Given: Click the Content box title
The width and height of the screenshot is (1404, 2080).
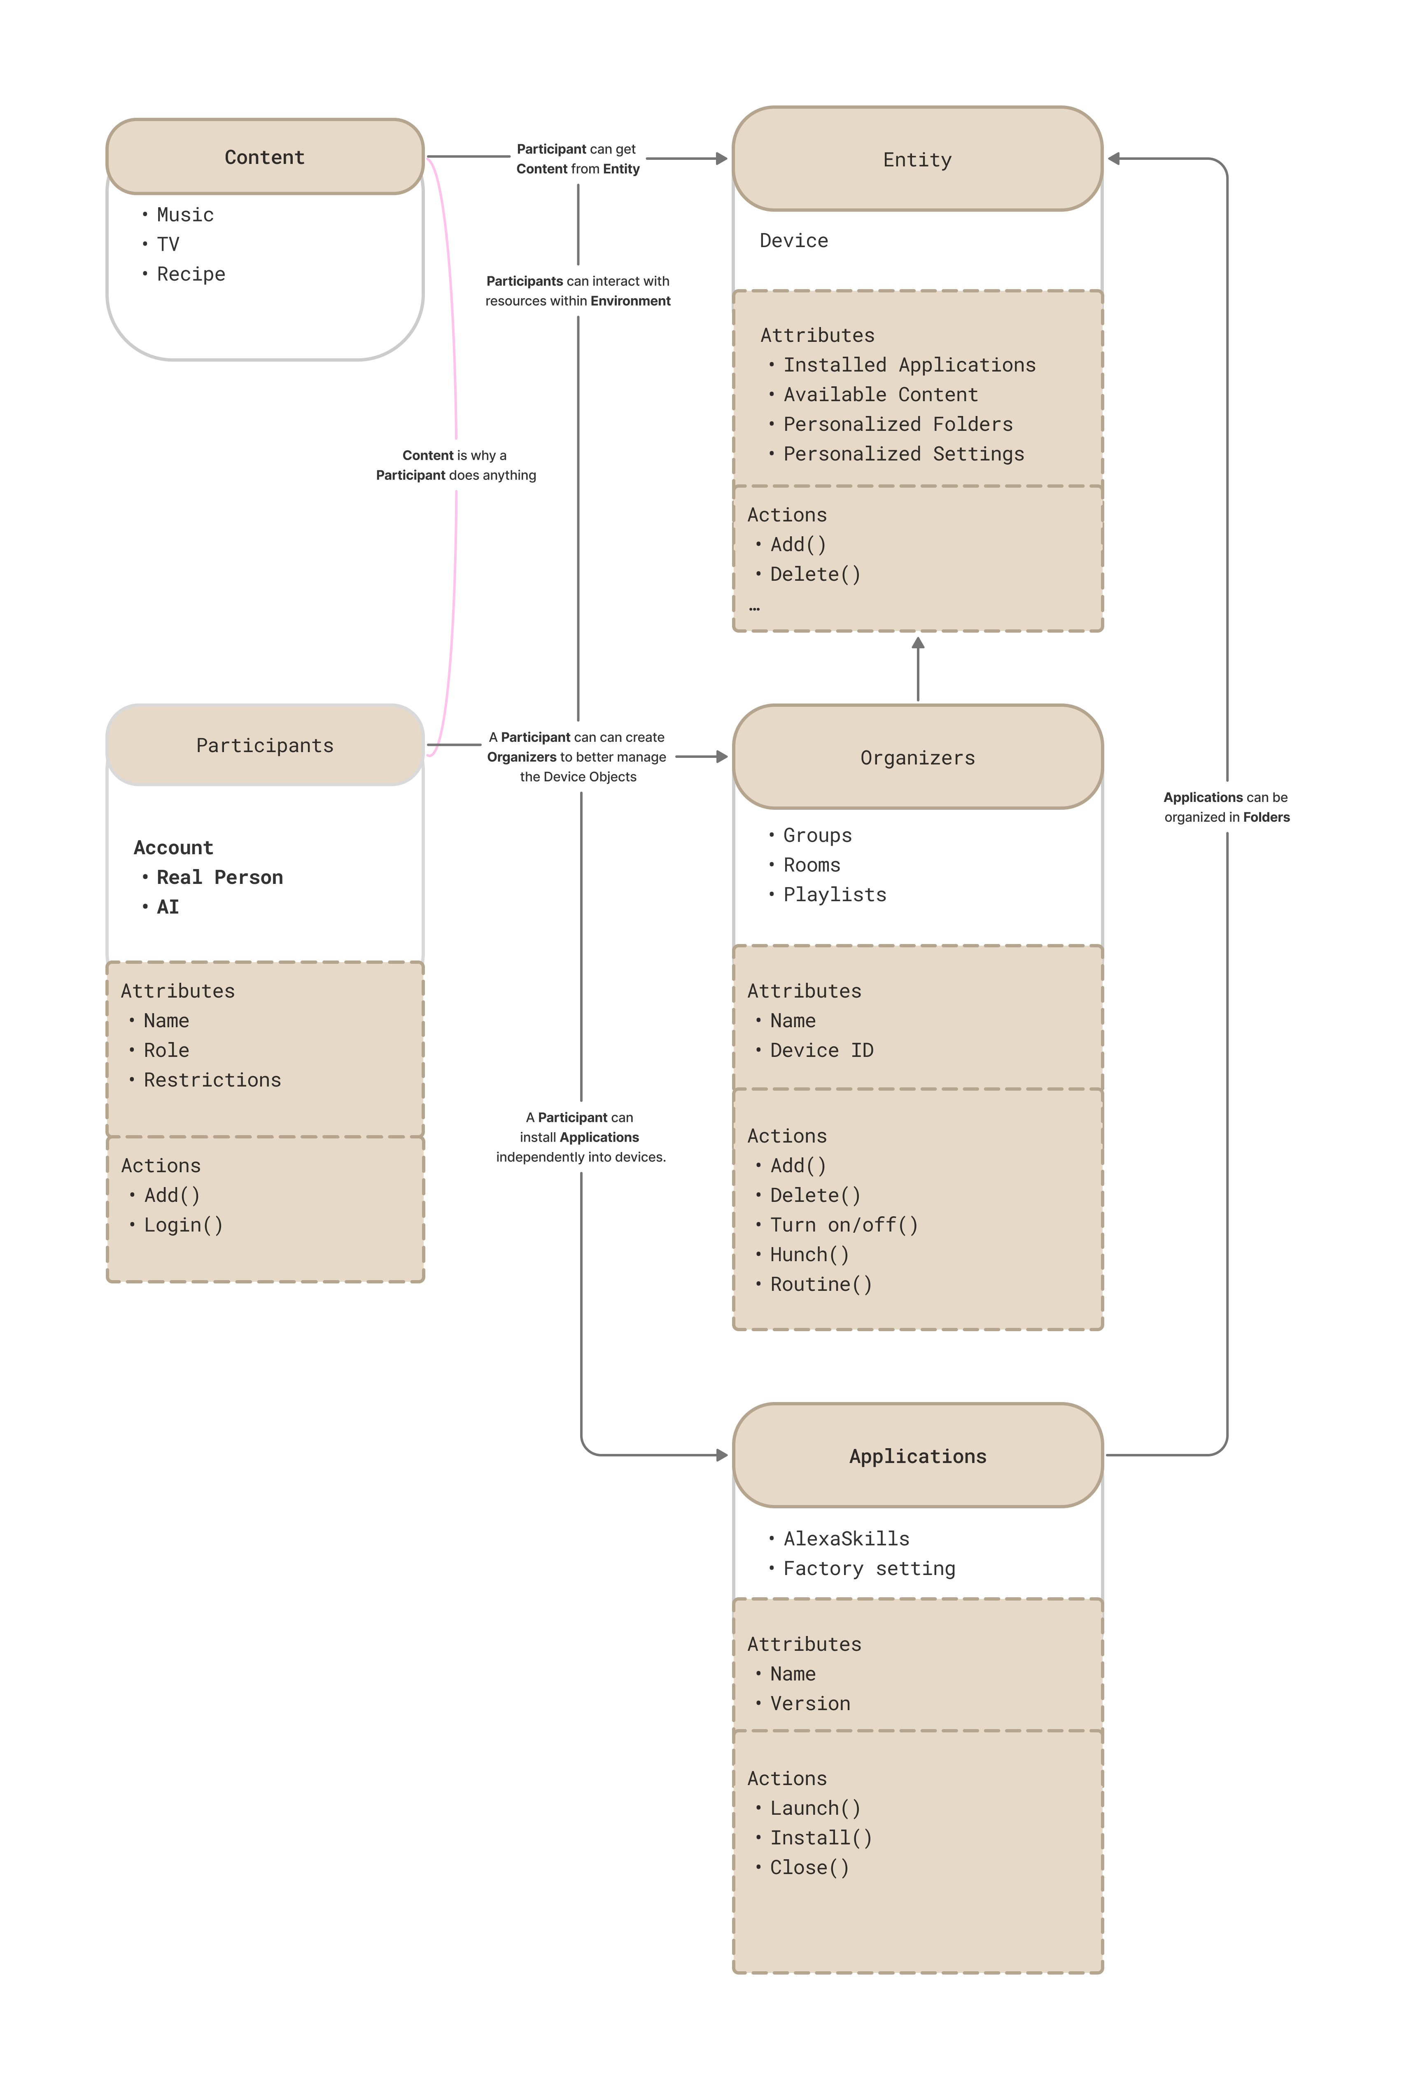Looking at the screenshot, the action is tap(264, 157).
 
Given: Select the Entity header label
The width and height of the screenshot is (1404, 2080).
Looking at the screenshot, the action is tap(917, 160).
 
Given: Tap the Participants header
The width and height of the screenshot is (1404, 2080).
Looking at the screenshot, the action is tap(264, 746).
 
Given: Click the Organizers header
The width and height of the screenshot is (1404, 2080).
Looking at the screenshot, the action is tap(917, 758).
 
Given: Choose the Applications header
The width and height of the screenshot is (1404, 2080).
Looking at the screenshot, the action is tap(917, 1456).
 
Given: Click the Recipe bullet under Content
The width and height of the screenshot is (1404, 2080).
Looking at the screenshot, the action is tap(191, 274).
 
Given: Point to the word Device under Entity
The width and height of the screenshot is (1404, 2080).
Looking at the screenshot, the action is tap(794, 241).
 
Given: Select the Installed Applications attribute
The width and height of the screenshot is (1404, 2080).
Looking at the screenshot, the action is tap(909, 365).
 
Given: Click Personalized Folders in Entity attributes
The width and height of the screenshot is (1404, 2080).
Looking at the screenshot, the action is tap(898, 424).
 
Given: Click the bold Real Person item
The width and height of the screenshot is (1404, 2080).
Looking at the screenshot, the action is tap(219, 877).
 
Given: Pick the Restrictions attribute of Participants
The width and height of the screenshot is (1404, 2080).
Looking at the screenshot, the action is tap(212, 1080).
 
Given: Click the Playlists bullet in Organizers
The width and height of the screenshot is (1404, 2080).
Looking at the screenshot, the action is tap(834, 895).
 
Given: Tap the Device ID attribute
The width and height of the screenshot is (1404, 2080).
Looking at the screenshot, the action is tap(821, 1051).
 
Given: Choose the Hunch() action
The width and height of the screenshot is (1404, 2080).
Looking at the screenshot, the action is tap(809, 1255).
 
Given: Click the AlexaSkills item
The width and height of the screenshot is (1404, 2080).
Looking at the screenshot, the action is tap(846, 1538).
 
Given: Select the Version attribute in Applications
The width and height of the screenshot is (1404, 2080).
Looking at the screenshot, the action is tap(810, 1703).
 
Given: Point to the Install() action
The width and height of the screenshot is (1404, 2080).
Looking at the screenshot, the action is tap(821, 1837).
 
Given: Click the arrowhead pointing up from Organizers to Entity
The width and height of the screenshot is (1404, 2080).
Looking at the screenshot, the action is tap(917, 643).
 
